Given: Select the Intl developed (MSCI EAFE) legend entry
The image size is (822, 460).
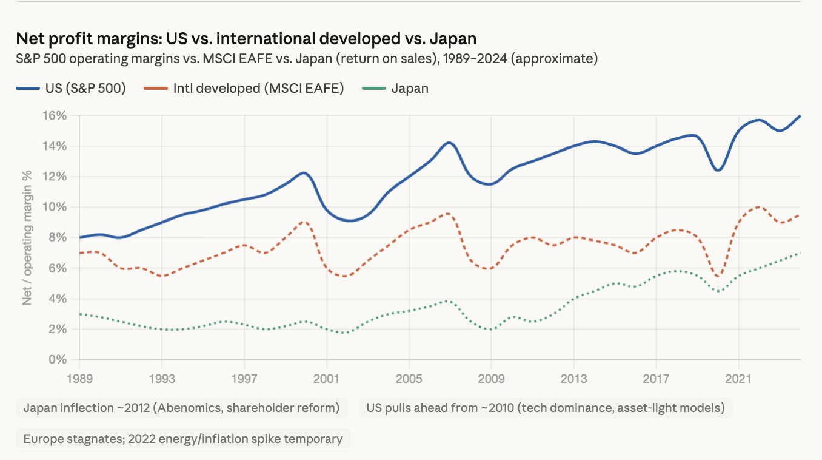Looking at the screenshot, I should pos(244,89).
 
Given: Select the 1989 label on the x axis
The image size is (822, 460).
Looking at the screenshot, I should pos(79,379).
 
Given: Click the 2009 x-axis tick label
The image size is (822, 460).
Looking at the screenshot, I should pos(491,379).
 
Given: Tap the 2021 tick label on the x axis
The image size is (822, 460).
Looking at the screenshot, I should pos(738,379).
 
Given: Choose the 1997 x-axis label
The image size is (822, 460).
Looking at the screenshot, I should pos(244,379).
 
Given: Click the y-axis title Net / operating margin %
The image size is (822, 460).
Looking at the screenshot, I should pos(27,237).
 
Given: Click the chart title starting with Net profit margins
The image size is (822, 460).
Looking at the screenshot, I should pos(246,39).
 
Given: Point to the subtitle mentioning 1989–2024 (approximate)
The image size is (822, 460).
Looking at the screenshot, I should pos(307,59).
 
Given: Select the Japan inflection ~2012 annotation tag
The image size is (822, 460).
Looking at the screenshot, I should pos(181,407).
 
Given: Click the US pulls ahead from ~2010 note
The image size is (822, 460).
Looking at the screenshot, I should pos(546,407).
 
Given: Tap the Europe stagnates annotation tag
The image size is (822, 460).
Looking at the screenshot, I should pos(183,438).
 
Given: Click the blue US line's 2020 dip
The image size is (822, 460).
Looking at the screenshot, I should pos(718,170).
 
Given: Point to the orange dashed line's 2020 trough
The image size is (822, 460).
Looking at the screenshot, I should pos(719,276).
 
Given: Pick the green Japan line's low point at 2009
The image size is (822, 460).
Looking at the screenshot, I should pos(491,329).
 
